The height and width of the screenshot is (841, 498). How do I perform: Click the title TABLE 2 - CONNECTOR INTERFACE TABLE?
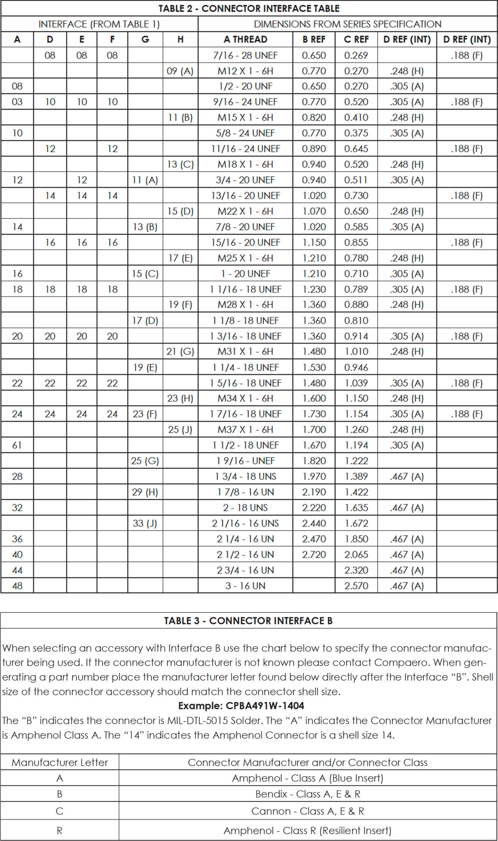[249, 8]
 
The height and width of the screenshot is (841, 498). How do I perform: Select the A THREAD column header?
[245, 39]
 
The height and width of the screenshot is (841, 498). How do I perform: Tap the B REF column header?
[314, 39]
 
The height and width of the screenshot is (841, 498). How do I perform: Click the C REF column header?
[356, 39]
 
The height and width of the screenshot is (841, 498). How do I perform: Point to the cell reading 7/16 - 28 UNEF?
[245, 55]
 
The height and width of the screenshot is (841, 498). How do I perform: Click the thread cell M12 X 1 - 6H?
[245, 71]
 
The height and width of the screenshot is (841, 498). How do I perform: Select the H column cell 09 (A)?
[180, 71]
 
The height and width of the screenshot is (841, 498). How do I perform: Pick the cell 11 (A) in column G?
[145, 180]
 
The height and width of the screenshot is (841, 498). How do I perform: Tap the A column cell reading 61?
[17, 445]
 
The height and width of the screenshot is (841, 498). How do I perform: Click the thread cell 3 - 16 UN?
[245, 586]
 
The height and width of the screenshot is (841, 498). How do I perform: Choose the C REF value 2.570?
[356, 586]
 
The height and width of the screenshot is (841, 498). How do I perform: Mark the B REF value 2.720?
[314, 555]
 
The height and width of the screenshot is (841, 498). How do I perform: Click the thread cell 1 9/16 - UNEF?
[245, 461]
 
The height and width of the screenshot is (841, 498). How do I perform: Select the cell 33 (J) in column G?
[145, 524]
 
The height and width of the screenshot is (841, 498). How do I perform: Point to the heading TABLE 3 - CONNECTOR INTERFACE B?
[248, 620]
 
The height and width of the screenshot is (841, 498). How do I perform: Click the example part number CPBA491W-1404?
[265, 706]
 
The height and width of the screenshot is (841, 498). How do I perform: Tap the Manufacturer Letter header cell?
[60, 763]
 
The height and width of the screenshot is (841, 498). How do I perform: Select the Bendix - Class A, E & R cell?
[308, 794]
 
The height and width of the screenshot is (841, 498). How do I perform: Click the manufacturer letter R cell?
[60, 831]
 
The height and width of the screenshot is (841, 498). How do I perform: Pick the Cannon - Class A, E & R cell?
[308, 811]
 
